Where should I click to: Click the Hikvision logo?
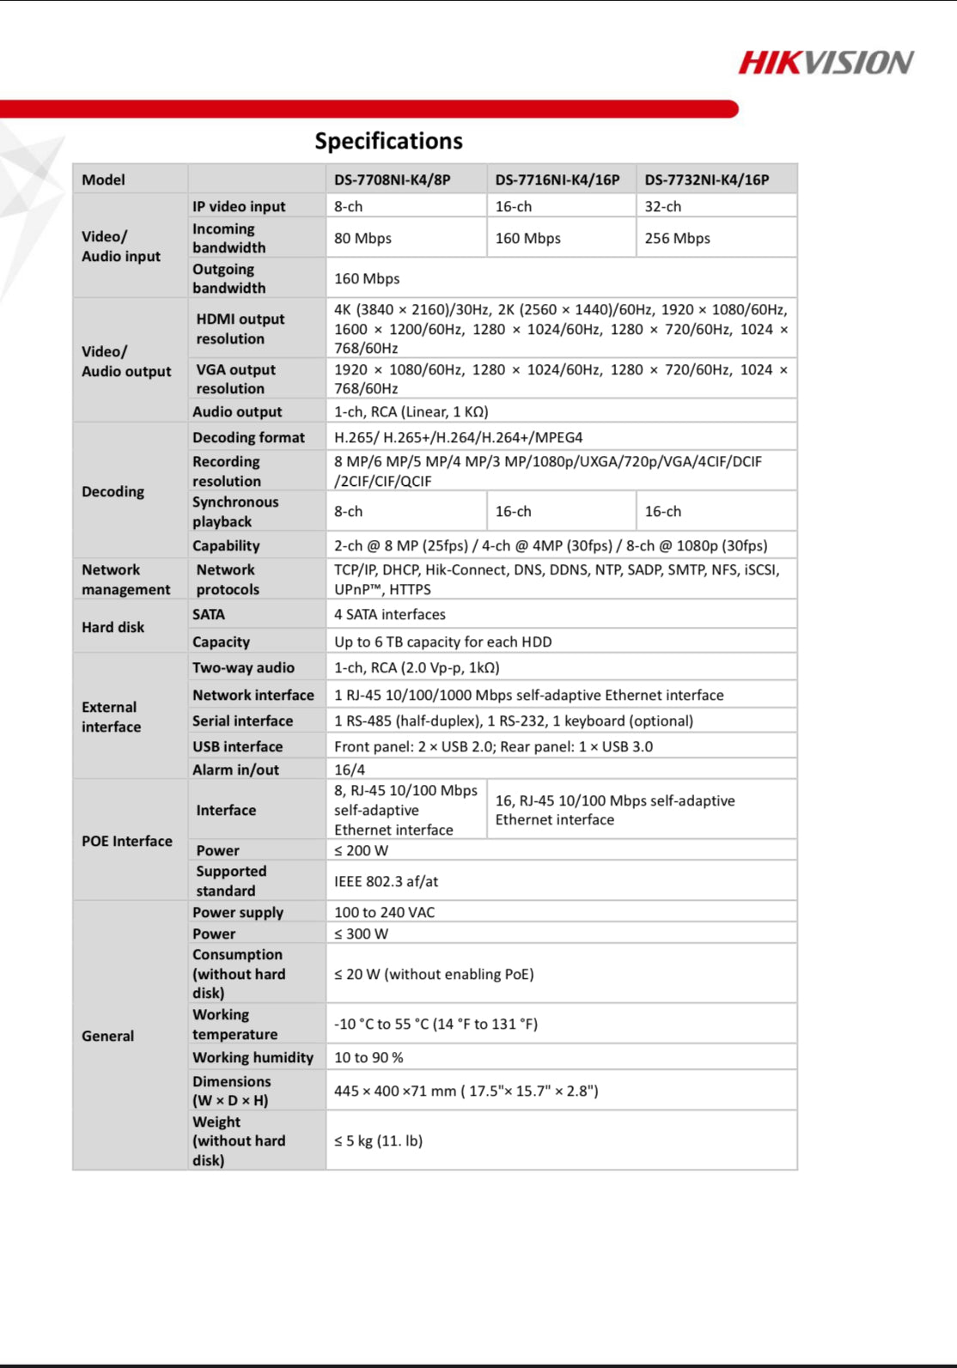(826, 63)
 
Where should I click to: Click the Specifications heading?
(388, 141)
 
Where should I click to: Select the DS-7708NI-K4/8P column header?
(392, 179)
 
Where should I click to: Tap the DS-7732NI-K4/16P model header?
(707, 179)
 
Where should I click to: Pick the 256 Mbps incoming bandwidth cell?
(678, 238)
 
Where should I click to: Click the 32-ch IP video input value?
(663, 206)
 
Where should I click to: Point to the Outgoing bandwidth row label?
(229, 278)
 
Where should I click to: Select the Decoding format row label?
(248, 437)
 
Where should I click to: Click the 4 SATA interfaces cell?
(390, 614)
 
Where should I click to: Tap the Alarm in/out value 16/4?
(350, 769)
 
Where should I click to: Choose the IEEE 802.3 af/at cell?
(386, 881)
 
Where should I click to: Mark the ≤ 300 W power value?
(361, 933)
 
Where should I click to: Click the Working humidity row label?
(253, 1057)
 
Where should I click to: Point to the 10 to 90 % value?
(369, 1057)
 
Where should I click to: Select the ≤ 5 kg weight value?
(378, 1140)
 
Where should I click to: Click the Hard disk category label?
(113, 627)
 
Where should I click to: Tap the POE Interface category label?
(126, 841)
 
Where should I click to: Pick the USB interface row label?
(237, 746)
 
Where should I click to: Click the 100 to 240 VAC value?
(384, 912)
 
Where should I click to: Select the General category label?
(107, 1036)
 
